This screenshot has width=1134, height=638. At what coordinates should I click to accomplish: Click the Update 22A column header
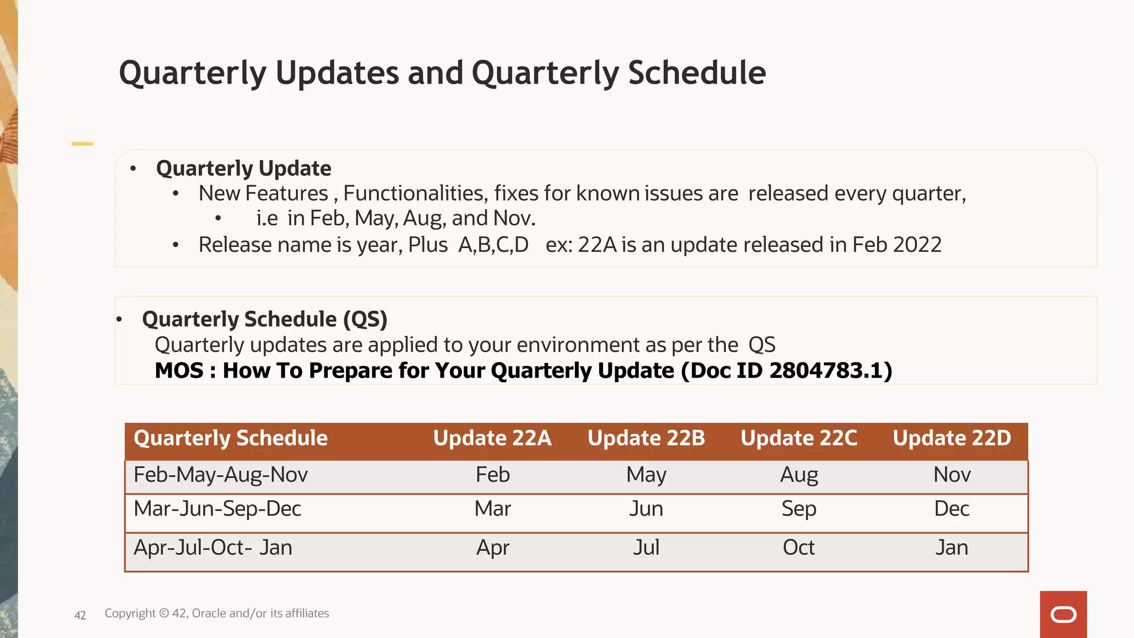point(492,438)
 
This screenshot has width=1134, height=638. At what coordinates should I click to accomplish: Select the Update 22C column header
point(798,438)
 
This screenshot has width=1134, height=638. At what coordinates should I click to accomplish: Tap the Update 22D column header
point(952,438)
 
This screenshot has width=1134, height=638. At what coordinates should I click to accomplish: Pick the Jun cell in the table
point(646,508)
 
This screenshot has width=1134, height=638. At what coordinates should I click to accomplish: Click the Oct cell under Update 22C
point(798,548)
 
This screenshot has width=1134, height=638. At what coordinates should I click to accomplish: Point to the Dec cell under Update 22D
point(951,508)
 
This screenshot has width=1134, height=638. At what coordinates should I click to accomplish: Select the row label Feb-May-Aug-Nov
point(220,475)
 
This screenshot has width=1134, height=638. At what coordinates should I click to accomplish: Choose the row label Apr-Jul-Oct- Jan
point(213,548)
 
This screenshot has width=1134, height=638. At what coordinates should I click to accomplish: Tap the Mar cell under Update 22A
point(492,508)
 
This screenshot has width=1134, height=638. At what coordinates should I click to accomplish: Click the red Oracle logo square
point(1063,614)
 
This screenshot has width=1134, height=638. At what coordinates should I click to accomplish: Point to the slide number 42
point(80,615)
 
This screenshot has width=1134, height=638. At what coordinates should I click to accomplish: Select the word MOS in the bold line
point(179,371)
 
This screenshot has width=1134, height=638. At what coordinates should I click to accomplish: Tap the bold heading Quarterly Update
point(244,168)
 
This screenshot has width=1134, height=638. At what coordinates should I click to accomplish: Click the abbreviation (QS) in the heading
point(365,320)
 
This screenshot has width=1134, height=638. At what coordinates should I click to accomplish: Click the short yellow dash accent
point(82,144)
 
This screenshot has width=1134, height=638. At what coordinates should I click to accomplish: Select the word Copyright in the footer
point(130,614)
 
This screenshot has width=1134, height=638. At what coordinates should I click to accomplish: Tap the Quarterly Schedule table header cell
point(230,438)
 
